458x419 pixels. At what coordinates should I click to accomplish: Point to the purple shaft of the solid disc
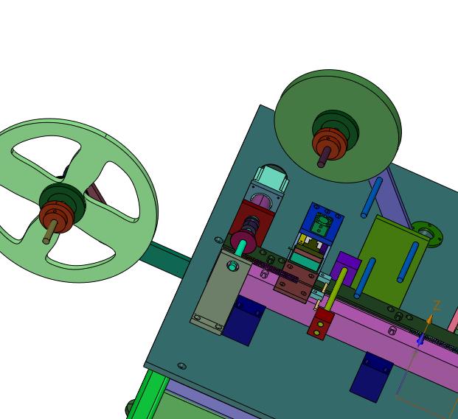pyautogui.click(x=323, y=158)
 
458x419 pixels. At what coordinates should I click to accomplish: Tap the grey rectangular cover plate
pyautogui.click(x=220, y=292)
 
